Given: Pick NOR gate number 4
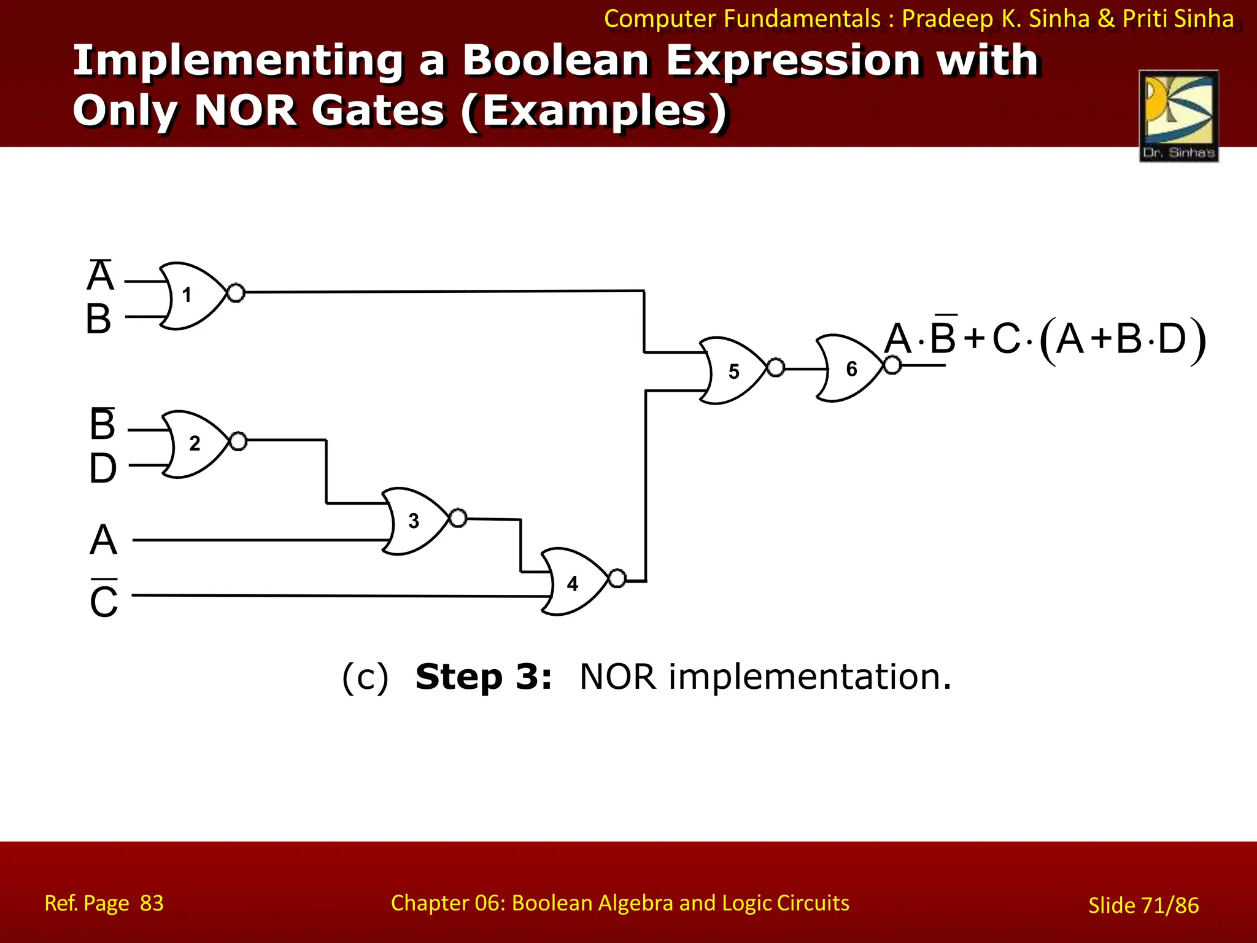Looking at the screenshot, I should [574, 582].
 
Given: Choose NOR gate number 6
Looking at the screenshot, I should [850, 368].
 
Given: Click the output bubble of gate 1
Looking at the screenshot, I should [236, 293].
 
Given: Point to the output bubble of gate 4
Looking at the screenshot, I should [617, 578].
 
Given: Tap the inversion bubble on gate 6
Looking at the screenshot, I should [892, 365].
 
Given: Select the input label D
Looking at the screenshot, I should [102, 468].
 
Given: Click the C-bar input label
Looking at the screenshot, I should [103, 600].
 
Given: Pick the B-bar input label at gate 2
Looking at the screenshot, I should [102, 424].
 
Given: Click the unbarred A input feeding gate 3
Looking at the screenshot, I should [103, 540].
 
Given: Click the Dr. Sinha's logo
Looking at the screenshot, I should [1178, 115].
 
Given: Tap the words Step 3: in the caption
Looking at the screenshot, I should [483, 677].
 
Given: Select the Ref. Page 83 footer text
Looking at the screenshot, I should [104, 903].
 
